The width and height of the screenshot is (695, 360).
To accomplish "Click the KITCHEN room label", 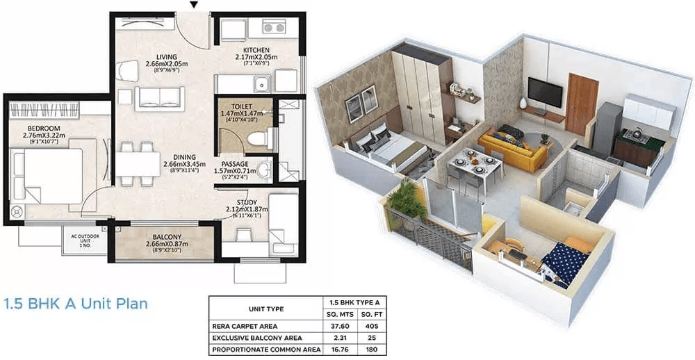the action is [x=256, y=50].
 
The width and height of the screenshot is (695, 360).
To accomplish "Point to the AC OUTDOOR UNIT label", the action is [x=85, y=240].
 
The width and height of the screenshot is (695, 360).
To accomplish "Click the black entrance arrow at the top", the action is [x=194, y=5].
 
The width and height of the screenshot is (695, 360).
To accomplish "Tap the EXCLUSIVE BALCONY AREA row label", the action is [x=251, y=337].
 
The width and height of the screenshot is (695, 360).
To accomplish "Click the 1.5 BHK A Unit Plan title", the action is [x=76, y=304].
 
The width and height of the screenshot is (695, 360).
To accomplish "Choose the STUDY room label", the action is [x=247, y=203].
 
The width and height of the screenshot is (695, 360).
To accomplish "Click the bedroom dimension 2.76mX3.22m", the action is [x=44, y=136].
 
